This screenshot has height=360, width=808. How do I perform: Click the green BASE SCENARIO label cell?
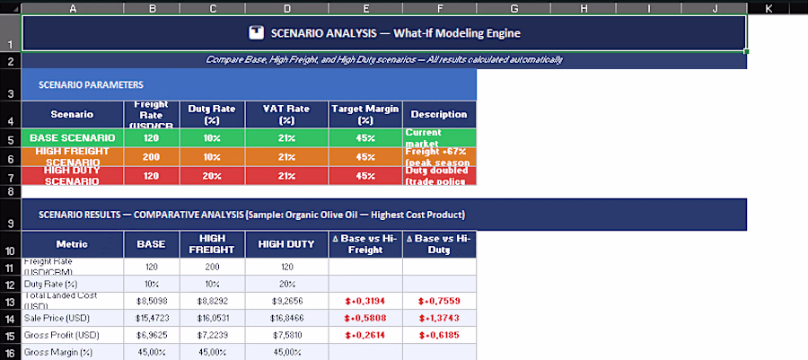click(72, 137)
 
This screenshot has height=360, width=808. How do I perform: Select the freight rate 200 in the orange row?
click(151, 157)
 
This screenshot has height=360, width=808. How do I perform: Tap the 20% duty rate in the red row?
click(212, 176)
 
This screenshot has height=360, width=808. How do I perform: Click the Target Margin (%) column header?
click(364, 114)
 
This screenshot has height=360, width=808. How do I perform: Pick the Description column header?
click(439, 114)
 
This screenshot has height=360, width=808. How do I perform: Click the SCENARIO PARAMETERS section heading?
click(91, 84)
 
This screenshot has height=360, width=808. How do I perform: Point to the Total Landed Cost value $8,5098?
click(151, 301)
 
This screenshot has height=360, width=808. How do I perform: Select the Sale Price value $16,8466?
click(286, 319)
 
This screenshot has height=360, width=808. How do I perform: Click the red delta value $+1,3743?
click(439, 319)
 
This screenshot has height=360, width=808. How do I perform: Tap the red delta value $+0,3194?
click(364, 301)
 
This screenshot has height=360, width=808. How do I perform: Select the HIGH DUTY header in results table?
click(286, 244)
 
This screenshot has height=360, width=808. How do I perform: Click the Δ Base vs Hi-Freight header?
click(364, 244)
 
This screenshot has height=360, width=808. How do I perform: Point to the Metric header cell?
click(72, 244)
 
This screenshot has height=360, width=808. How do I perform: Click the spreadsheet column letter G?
click(514, 8)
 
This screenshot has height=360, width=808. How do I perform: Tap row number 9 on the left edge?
click(9, 224)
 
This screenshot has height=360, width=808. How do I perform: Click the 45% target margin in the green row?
click(364, 137)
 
